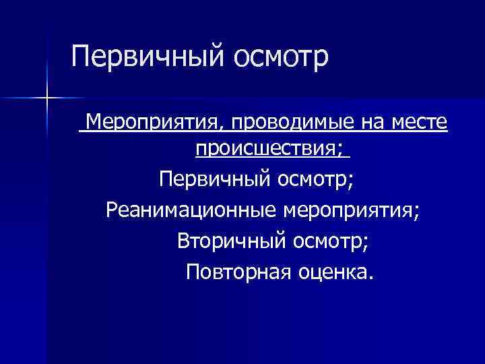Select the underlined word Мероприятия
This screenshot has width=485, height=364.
[154, 124]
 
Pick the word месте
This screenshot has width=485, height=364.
[416, 124]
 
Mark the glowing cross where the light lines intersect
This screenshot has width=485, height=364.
[47, 98]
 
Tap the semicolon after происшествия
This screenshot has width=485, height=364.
[346, 150]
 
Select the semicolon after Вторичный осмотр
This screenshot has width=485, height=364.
[365, 244]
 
